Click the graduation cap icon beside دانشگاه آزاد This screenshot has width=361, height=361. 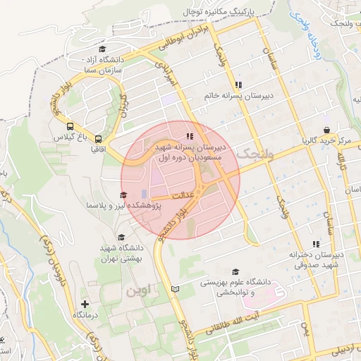click(103, 49)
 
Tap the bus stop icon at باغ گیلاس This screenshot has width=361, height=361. click(69, 126)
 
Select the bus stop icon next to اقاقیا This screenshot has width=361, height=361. click(98, 139)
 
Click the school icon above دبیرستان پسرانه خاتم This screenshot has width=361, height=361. click(238, 85)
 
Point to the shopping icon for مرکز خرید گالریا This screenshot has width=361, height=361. click(327, 130)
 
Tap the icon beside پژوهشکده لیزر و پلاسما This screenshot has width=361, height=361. click(123, 195)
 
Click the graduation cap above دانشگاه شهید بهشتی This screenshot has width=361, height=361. click(121, 238)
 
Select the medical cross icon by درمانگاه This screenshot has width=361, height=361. click(85, 304)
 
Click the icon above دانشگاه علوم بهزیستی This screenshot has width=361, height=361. click(235, 271)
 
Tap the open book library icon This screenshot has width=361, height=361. click(176, 288)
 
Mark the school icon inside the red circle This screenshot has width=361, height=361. click(189, 136)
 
